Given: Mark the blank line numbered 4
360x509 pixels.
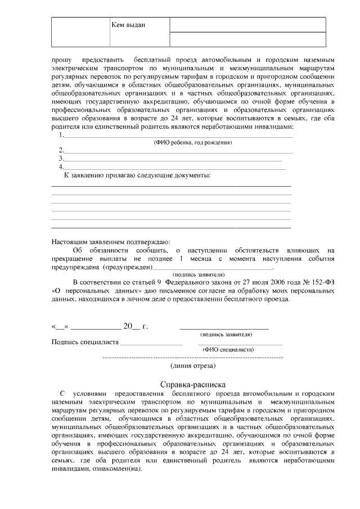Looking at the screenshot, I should click(x=174, y=167).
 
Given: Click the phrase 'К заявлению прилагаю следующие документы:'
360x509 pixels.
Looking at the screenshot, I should click(x=138, y=176).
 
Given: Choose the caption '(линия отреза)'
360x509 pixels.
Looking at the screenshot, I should click(x=193, y=366).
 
